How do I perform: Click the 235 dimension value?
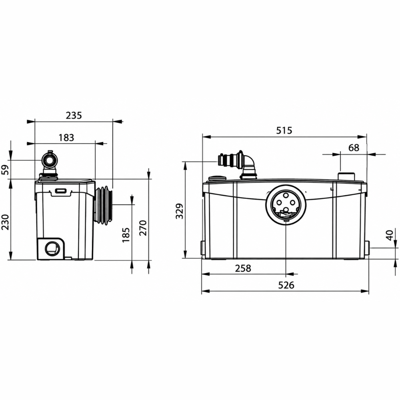click(74, 116)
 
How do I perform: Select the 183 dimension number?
click(66, 138)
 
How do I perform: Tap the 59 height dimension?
click(6, 169)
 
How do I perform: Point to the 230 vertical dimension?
click(6, 222)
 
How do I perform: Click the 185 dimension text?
click(126, 235)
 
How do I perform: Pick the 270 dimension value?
click(143, 228)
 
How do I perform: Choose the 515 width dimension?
click(284, 131)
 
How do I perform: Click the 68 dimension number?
click(354, 148)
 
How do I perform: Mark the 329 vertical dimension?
click(180, 211)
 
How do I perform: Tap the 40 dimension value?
click(390, 235)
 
